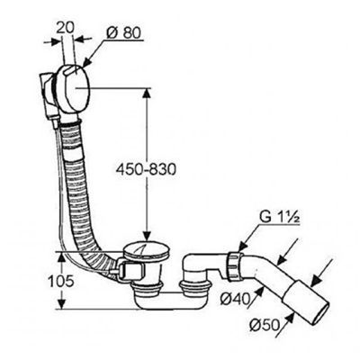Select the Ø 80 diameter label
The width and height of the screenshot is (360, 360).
[123, 33]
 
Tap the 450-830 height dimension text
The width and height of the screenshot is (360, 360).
[146, 170]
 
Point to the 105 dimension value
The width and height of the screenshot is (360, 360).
[61, 281]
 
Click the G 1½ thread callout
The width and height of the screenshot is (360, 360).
[280, 218]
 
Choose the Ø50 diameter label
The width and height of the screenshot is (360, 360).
[264, 325]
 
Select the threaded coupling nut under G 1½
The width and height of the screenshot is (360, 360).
[234, 266]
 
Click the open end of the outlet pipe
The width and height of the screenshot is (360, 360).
[320, 314]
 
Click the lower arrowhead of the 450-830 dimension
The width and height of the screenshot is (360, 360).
[147, 235]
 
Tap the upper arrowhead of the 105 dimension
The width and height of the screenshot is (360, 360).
[61, 256]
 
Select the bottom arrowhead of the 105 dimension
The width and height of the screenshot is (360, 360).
[61, 303]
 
